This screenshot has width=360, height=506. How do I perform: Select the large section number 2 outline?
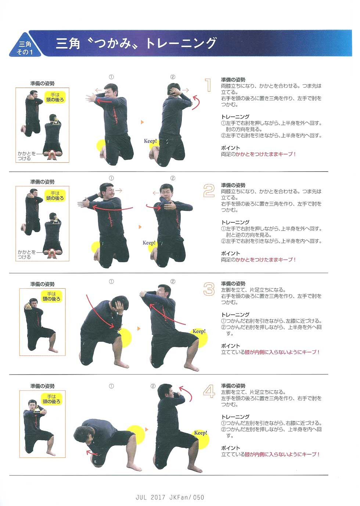[x=209, y=191]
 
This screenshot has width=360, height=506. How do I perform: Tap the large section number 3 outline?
[x=209, y=289]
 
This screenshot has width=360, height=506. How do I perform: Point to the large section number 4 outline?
[x=209, y=392]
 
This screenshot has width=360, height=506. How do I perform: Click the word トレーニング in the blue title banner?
[x=181, y=43]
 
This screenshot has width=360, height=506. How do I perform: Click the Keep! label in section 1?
[x=150, y=141]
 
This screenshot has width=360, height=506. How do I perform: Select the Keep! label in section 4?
[x=201, y=433]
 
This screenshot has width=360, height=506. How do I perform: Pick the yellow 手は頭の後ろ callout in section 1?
[x=55, y=97]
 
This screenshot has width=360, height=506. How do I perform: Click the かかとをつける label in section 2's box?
[x=26, y=254]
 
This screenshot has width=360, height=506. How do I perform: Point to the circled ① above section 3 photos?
[x=111, y=282]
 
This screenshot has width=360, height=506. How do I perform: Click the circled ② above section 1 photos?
[x=173, y=77]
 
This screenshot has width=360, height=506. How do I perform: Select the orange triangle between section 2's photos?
[x=140, y=227]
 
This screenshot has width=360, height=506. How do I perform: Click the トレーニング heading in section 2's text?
[x=235, y=222]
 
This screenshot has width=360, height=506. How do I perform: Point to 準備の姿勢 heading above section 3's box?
[x=43, y=284]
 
